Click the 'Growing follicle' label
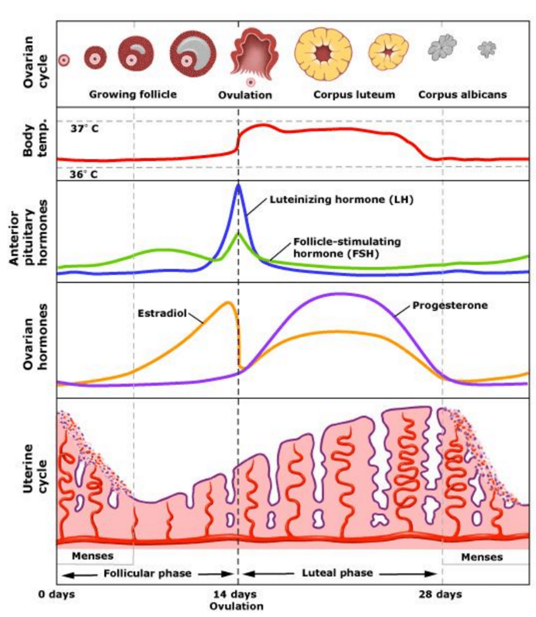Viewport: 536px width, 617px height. click(x=133, y=95)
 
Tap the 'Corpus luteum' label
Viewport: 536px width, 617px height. click(x=354, y=95)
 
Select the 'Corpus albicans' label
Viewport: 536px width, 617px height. click(x=462, y=95)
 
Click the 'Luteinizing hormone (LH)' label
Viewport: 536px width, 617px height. click(x=342, y=199)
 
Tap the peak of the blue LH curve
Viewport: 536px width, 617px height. click(x=238, y=185)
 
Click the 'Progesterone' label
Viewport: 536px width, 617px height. click(x=450, y=305)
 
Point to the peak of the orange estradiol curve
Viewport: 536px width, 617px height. click(x=229, y=302)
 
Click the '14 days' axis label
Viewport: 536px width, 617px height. click(x=236, y=594)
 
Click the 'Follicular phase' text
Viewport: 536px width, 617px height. click(x=147, y=574)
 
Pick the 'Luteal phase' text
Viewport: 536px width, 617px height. click(x=337, y=574)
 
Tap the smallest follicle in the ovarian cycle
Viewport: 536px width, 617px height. click(x=64, y=60)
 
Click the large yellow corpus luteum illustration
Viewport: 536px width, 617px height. click(x=323, y=55)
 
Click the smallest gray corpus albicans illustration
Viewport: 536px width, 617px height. click(x=487, y=49)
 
